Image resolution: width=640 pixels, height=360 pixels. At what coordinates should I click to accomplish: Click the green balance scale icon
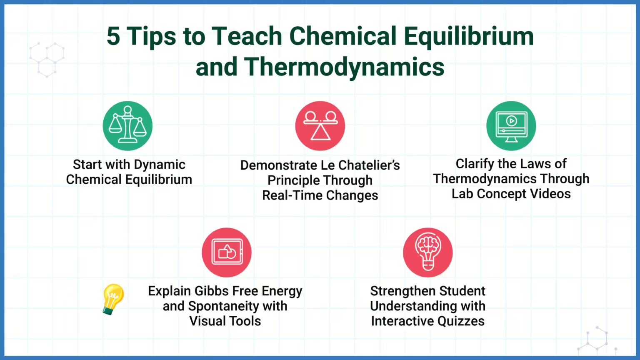127,126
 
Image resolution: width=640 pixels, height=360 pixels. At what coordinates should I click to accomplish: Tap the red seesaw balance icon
320,126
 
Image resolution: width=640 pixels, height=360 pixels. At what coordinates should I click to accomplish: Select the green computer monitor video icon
511,126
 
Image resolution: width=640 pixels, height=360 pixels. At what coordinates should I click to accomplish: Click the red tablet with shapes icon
227,252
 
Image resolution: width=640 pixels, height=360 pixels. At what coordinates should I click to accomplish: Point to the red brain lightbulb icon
428,252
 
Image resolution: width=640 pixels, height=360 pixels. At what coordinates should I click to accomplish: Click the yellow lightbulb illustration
112,298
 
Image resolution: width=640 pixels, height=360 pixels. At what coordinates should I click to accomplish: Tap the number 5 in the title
113,37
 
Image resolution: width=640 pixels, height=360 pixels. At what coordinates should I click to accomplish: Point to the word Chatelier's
369,165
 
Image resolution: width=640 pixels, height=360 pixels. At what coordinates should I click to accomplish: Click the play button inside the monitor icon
511,121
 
